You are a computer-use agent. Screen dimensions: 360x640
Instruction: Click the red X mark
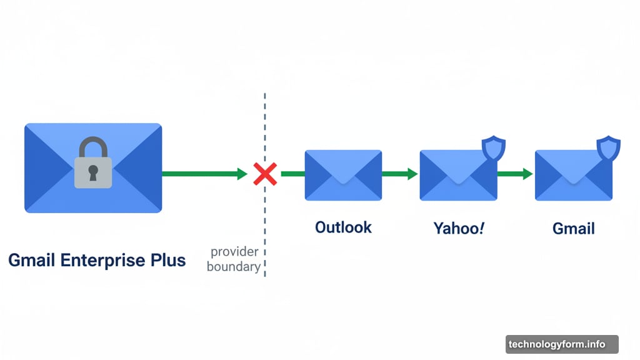pyautogui.click(x=265, y=174)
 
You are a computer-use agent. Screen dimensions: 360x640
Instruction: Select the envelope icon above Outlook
pyautogui.click(x=343, y=175)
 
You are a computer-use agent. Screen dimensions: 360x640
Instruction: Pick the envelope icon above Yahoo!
pyautogui.click(x=458, y=175)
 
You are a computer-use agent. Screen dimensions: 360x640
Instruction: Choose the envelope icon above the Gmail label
pyautogui.click(x=573, y=175)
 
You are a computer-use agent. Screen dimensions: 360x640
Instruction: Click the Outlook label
pyautogui.click(x=343, y=227)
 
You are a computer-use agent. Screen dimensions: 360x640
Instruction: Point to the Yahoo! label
pyautogui.click(x=459, y=228)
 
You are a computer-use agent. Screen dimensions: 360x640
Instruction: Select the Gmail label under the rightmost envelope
pyautogui.click(x=574, y=229)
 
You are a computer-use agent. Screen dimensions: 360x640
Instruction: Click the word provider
pyautogui.click(x=234, y=252)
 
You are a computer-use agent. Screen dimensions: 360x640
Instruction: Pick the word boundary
pyautogui.click(x=233, y=267)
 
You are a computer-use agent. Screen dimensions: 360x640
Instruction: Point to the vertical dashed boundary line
pyautogui.click(x=265, y=125)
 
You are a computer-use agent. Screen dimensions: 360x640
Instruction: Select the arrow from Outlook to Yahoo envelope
pyautogui.click(x=399, y=174)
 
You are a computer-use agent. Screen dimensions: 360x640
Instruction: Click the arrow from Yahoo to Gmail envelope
pyautogui.click(x=515, y=174)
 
